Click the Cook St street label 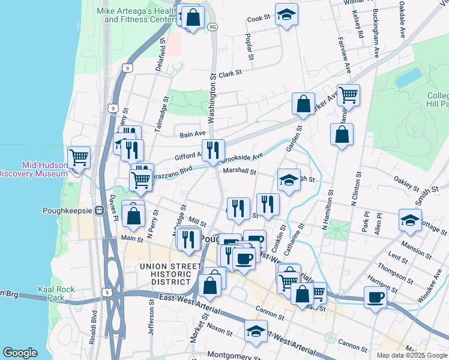tap(259, 19)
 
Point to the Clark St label tap(229, 73)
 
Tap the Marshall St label tap(240, 171)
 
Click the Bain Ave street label tap(193, 134)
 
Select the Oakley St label tap(406, 180)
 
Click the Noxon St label tap(220, 330)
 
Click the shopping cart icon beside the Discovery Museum tap(79, 157)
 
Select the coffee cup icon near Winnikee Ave tap(376, 298)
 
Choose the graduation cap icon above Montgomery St tap(256, 331)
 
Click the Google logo tap(19, 353)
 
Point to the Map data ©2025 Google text tap(412, 355)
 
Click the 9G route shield tap(212, 27)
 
